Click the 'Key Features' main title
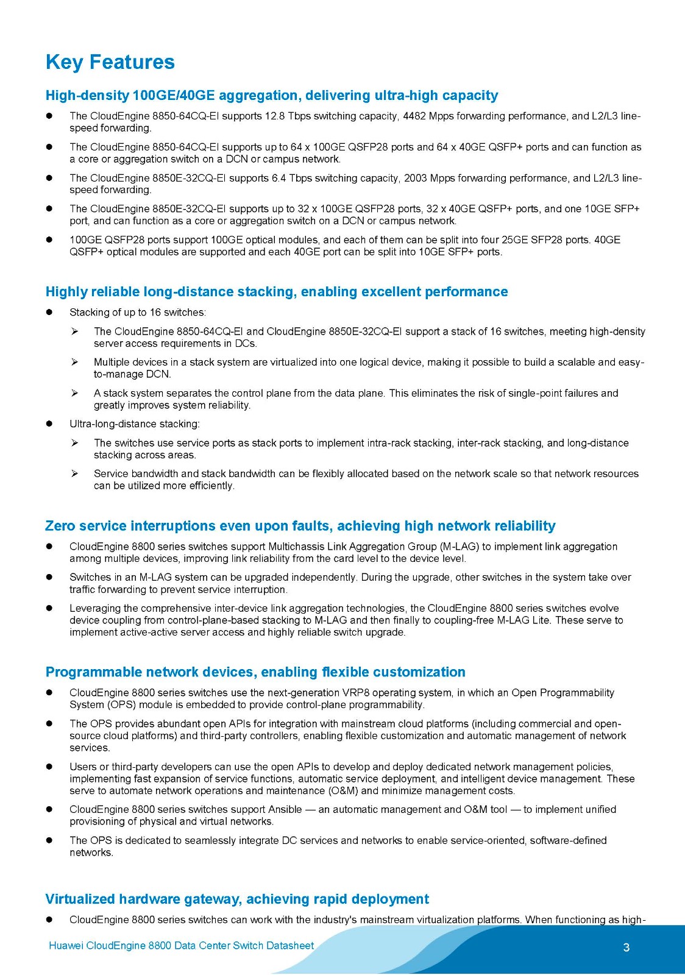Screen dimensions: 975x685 [110, 62]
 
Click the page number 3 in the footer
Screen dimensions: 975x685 [626, 947]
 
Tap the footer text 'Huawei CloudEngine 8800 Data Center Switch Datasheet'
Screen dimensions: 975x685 [182, 945]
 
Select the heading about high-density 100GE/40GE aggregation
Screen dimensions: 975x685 [272, 96]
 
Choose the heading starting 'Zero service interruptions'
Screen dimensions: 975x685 [300, 526]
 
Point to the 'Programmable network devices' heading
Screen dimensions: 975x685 [255, 672]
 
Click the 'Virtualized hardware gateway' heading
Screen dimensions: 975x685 [237, 899]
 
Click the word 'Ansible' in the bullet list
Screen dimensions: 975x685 [285, 809]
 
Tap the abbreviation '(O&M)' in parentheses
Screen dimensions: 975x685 [342, 791]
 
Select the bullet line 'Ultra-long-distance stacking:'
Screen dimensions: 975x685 [135, 424]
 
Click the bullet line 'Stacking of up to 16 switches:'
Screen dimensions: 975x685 [138, 313]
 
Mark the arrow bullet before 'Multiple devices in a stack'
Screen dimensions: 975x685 [74, 362]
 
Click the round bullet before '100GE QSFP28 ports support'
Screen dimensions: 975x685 [50, 240]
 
